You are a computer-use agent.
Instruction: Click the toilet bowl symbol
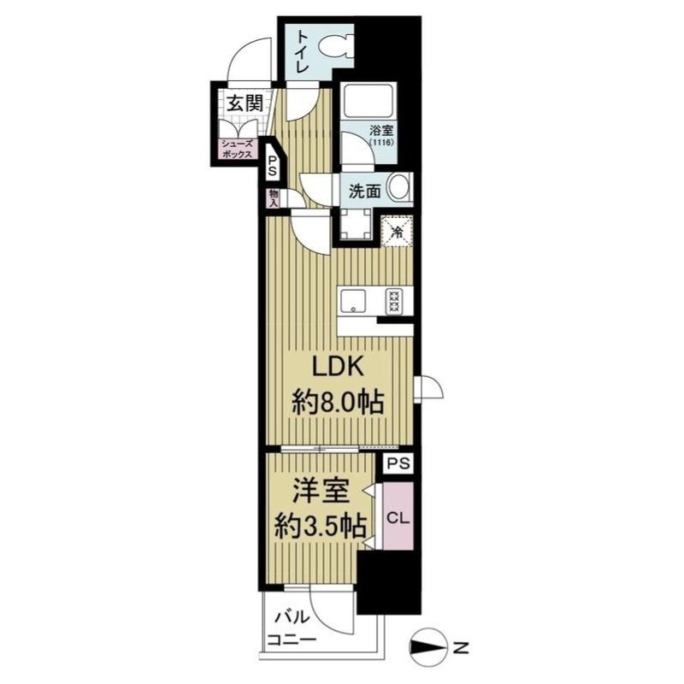(x=335, y=46)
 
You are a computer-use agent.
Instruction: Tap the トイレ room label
(x=303, y=52)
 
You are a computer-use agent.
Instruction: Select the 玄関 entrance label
(x=245, y=103)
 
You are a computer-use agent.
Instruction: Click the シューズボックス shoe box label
(x=238, y=149)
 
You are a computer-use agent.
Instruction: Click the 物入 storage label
(x=274, y=198)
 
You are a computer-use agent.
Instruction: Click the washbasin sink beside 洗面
(x=398, y=187)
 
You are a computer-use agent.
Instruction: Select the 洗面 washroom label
(x=365, y=191)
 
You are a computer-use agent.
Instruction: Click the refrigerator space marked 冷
(x=397, y=232)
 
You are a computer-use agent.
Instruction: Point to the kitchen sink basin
(x=354, y=302)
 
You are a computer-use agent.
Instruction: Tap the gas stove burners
(x=393, y=302)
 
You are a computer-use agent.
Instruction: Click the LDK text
(x=337, y=368)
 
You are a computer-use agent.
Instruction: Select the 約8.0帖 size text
(x=338, y=403)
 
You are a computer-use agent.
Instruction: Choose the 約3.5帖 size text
(x=320, y=527)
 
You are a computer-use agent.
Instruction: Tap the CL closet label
(x=398, y=518)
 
